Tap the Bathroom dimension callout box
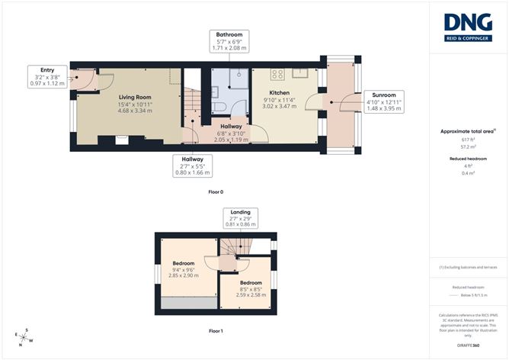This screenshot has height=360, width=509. click(x=229, y=41)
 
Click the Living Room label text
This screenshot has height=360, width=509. click(x=135, y=98)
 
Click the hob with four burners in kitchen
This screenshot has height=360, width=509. click(x=277, y=74)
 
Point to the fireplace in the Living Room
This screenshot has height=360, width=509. click(x=121, y=140)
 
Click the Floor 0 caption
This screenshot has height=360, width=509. click(x=216, y=192)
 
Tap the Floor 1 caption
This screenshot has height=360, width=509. click(x=216, y=331)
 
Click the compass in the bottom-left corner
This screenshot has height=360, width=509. click(x=26, y=336)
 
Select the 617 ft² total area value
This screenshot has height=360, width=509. click(x=468, y=140)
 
